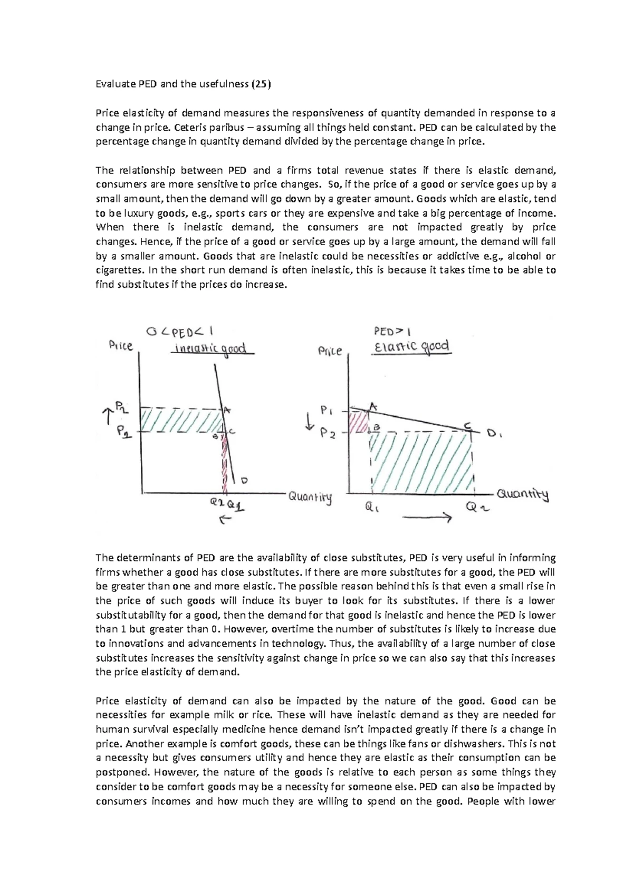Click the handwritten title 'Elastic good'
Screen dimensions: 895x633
(411, 347)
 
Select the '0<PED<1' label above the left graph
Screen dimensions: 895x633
(179, 332)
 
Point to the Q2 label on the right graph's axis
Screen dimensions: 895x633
(478, 508)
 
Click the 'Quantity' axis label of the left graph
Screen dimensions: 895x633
(310, 498)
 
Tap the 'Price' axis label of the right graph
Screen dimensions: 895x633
(330, 351)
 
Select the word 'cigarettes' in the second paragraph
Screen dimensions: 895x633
(119, 270)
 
